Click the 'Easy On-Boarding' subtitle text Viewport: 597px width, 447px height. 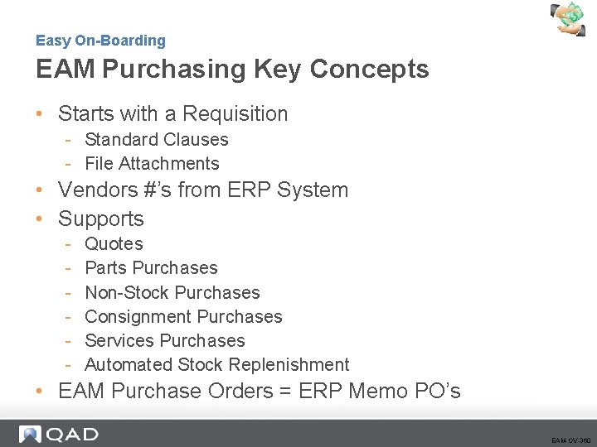(x=100, y=41)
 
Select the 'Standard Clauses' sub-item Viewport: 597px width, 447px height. (x=156, y=140)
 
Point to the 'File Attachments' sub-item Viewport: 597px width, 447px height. (x=152, y=164)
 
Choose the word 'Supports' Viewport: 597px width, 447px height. (x=101, y=219)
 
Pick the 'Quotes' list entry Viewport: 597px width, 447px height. (x=114, y=244)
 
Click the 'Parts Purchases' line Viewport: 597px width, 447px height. (x=151, y=268)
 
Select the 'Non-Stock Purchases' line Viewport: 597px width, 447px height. (x=172, y=293)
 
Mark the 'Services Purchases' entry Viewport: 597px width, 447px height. (x=165, y=341)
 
